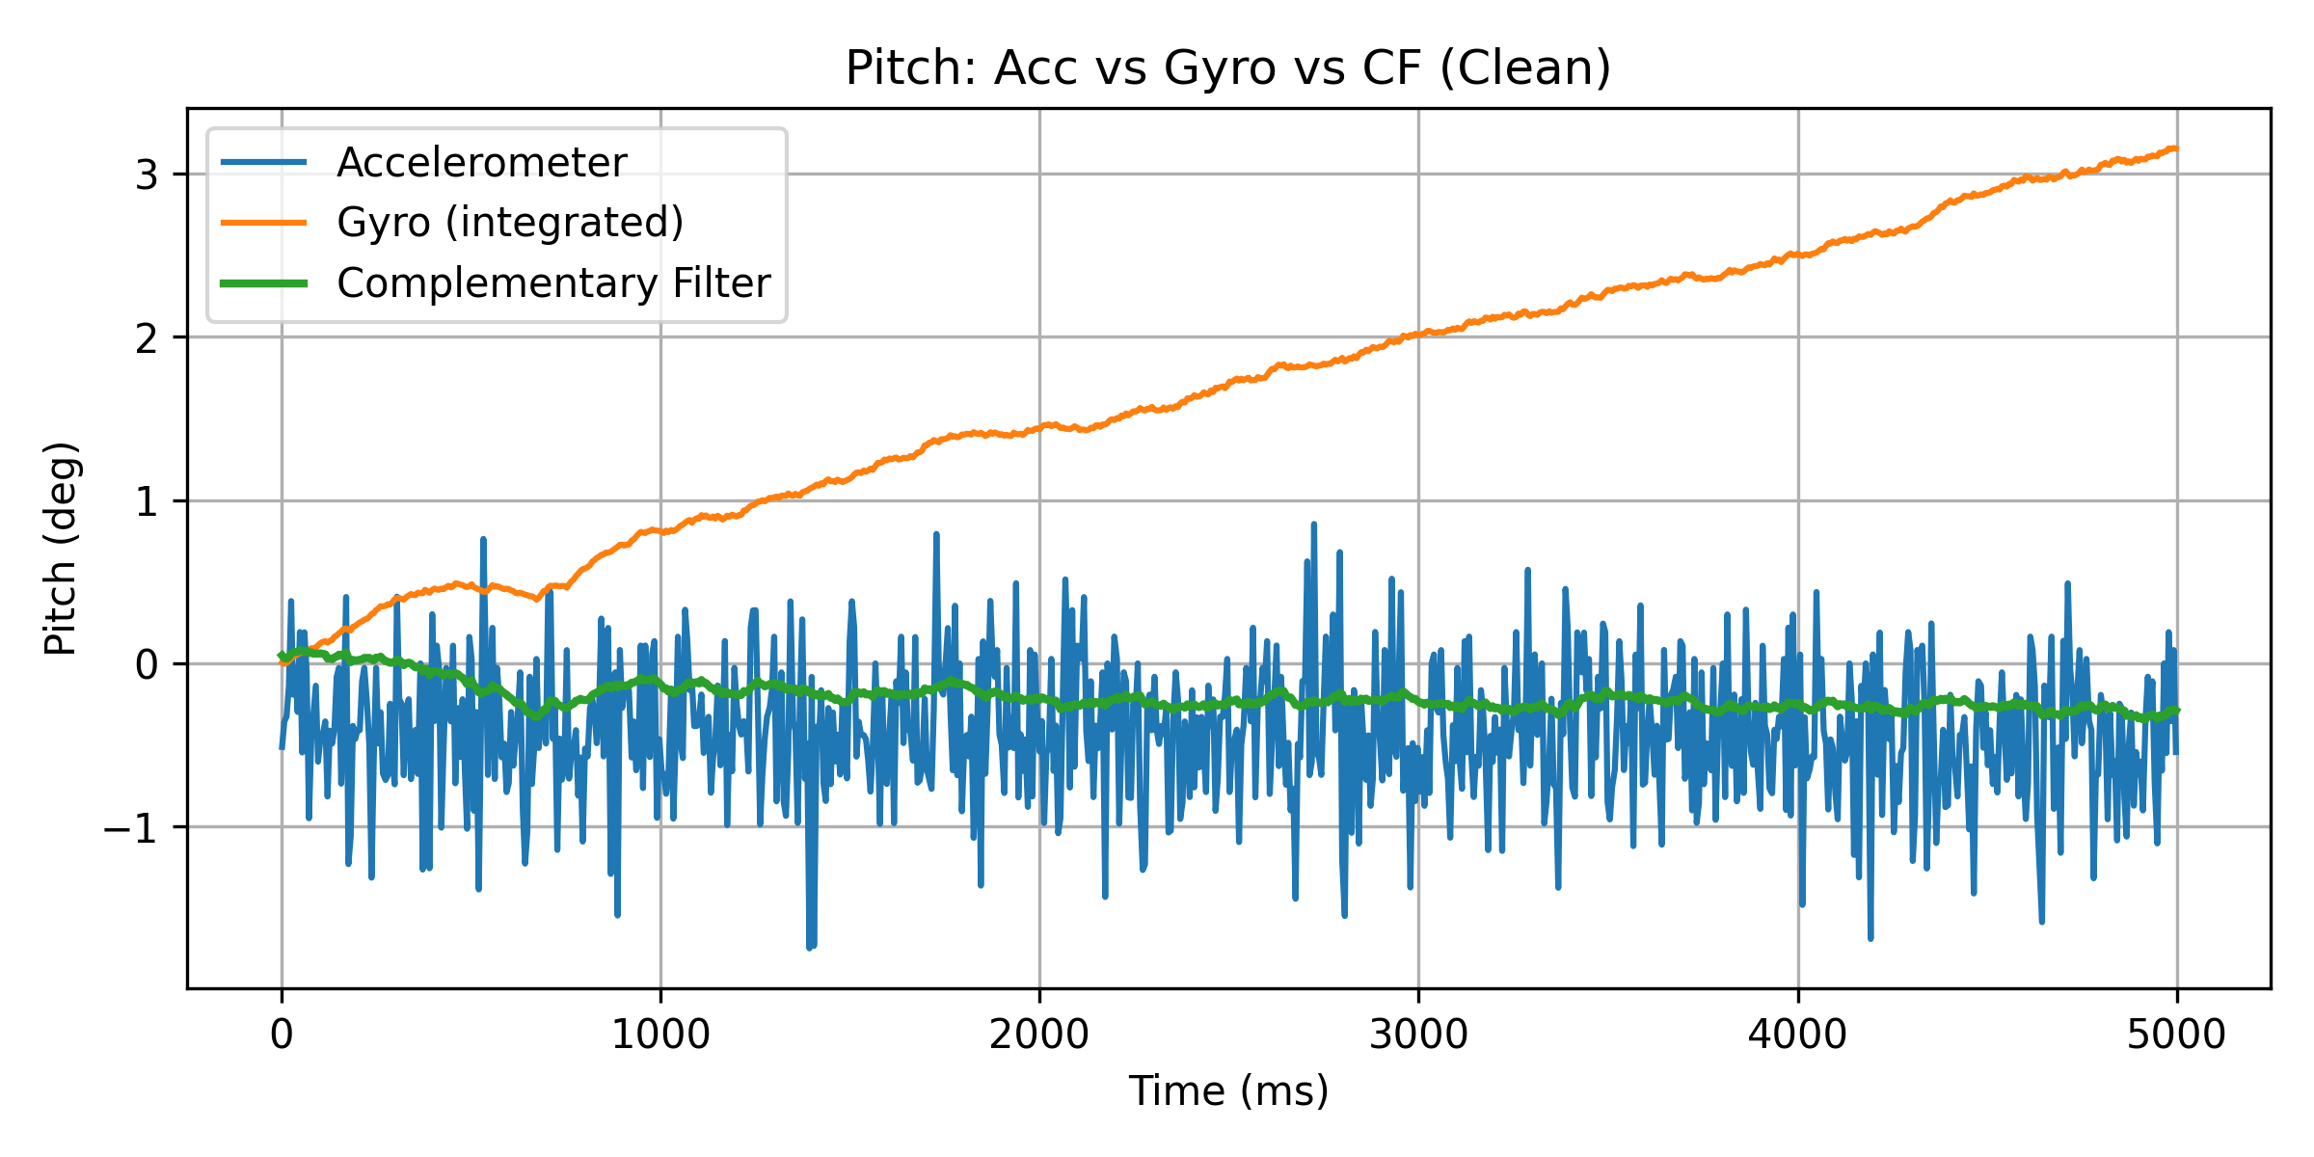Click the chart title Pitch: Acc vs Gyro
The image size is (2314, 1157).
click(x=1227, y=68)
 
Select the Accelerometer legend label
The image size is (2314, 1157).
click(x=481, y=162)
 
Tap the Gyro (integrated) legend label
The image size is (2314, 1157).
click(x=510, y=223)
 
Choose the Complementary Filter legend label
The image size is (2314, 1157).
click(x=553, y=283)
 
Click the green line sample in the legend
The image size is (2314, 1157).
click(x=264, y=283)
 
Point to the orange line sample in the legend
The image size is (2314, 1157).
click(x=264, y=223)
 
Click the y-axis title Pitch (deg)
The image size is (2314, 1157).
click(x=61, y=549)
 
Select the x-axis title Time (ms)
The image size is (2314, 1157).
click(x=1228, y=1090)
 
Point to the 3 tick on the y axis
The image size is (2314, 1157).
click(x=147, y=175)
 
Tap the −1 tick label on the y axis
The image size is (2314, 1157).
click(x=131, y=828)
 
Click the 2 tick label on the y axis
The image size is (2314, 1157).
click(x=147, y=338)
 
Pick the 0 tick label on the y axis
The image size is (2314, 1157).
click(x=147, y=665)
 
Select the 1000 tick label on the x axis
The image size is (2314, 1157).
click(x=660, y=1035)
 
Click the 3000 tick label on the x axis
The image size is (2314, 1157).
click(x=1418, y=1035)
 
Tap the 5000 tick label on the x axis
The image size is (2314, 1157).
click(x=2176, y=1035)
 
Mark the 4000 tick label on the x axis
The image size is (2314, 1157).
click(x=1797, y=1035)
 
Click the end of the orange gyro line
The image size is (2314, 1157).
click(x=2176, y=148)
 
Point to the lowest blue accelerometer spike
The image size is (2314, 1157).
click(x=810, y=948)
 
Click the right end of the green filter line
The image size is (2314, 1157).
click(x=2176, y=711)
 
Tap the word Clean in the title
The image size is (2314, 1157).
click(x=1523, y=68)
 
